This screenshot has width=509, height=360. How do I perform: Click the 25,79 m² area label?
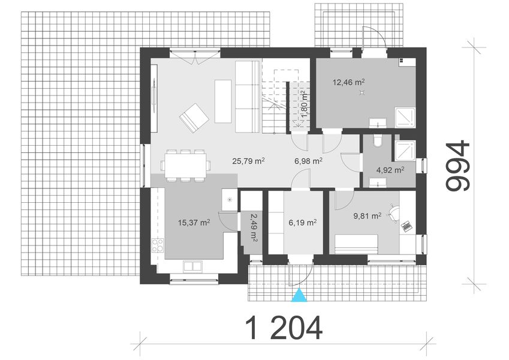pos(249,160)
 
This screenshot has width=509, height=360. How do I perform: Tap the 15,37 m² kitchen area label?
pos(194,223)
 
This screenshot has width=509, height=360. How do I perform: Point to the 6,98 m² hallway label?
pos(309,160)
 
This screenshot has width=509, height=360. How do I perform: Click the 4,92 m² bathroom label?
pos(390,170)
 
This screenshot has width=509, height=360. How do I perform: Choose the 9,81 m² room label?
pos(368,215)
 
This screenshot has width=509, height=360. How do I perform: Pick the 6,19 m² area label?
pos(302,223)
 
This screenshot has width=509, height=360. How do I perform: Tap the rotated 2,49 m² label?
pos(254,227)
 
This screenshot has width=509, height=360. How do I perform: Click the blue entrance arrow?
pos(297,294)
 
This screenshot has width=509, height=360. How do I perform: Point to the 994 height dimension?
pos(457,167)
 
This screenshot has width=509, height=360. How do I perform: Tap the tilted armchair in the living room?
pos(194,116)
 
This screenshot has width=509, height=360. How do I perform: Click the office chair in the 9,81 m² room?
pos(394,214)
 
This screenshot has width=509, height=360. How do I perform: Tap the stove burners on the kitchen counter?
pos(159,244)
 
